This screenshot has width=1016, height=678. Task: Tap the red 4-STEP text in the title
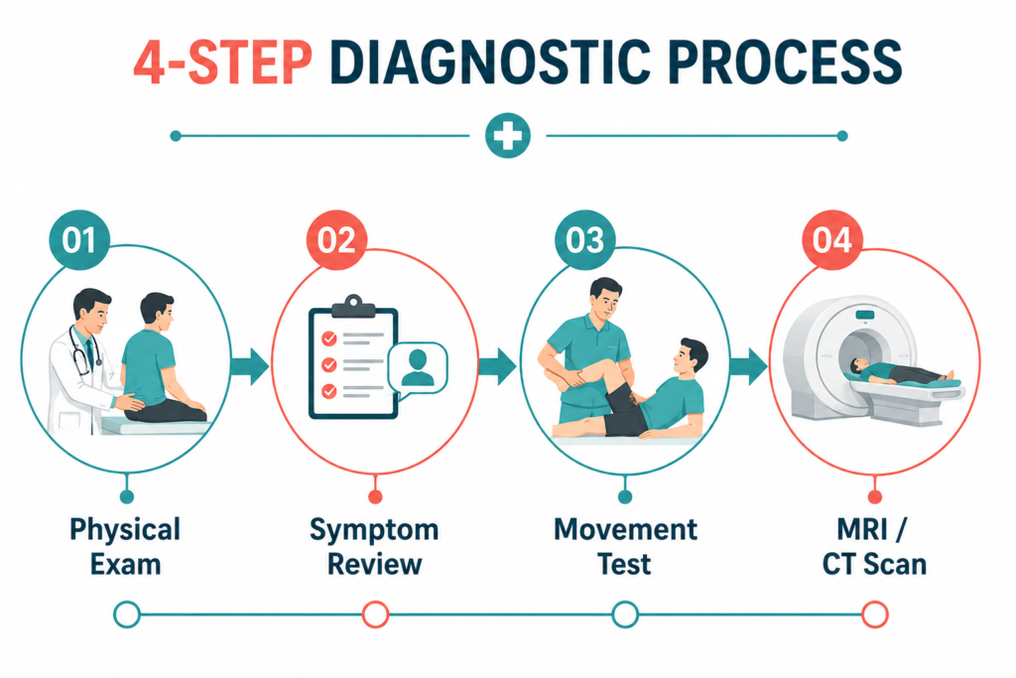[x=223, y=63]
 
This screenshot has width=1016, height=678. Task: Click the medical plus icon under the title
[x=508, y=136]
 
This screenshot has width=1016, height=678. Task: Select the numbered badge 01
[x=79, y=240]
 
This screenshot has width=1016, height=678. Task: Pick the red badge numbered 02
[x=336, y=240]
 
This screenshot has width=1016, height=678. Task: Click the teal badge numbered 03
[x=585, y=240]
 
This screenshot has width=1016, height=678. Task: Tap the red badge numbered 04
[x=832, y=240]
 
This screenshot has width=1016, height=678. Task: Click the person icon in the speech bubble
[x=418, y=367]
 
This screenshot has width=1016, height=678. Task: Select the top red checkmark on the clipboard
[x=329, y=339]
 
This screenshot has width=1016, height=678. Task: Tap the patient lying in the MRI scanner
[x=902, y=372]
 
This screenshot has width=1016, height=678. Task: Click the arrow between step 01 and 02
[x=249, y=366]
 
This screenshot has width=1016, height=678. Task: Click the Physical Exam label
[x=125, y=546]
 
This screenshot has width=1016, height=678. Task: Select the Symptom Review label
[x=374, y=546]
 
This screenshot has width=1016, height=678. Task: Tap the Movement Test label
[x=625, y=546]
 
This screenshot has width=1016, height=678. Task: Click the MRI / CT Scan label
[x=874, y=546]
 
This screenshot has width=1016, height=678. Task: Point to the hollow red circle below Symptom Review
[x=375, y=614]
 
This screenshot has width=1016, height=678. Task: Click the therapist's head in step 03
[x=605, y=298]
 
